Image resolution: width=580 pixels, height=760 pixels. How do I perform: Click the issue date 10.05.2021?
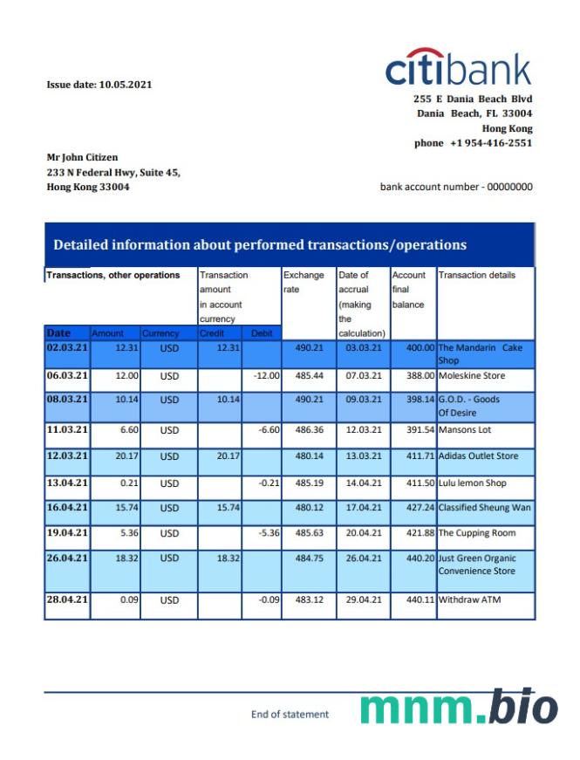[x=99, y=85]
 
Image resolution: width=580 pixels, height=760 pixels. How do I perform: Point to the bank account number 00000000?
[x=456, y=187]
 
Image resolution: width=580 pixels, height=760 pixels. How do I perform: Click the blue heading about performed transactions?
[x=260, y=245]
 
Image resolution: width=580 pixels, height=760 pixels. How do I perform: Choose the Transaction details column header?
[x=477, y=275]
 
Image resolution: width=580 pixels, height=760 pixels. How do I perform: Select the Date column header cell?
[x=59, y=333]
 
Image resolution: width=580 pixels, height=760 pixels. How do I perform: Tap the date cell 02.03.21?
[x=67, y=347]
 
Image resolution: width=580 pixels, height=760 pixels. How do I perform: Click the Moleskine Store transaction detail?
[x=472, y=376]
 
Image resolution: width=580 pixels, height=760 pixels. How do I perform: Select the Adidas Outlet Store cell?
[x=478, y=456]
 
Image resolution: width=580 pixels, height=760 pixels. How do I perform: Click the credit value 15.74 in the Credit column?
[x=227, y=508]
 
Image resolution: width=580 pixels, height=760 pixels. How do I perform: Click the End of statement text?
[x=290, y=715]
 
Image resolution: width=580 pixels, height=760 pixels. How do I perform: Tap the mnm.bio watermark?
[x=459, y=708]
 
